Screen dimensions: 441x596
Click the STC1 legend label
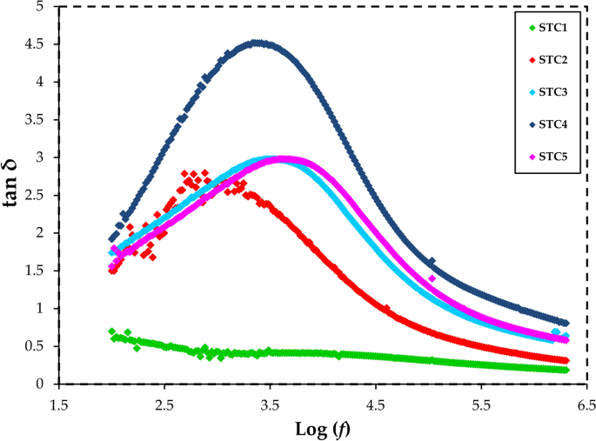click(x=552, y=27)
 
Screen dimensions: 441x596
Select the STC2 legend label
click(x=552, y=59)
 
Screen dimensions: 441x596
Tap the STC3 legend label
click(x=552, y=91)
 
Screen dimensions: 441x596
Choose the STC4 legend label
click(x=552, y=124)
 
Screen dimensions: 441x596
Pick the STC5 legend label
click(x=552, y=156)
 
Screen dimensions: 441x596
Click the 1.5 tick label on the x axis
click(x=59, y=404)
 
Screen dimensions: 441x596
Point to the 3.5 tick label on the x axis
click(x=270, y=404)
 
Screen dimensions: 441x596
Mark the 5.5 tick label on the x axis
click(x=480, y=404)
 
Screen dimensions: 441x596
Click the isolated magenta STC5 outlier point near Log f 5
click(x=432, y=278)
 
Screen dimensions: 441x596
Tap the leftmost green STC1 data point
click(x=111, y=331)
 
